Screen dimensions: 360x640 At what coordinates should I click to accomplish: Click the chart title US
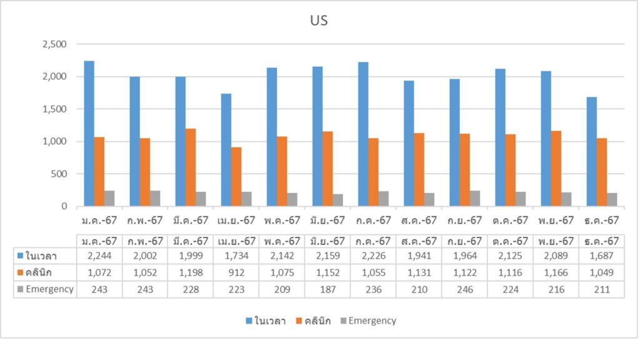click(319, 20)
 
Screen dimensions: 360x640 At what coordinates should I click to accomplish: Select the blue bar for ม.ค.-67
click(89, 134)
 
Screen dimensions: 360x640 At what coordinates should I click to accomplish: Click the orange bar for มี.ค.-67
click(191, 167)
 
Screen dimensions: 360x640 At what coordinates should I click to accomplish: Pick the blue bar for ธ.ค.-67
click(591, 152)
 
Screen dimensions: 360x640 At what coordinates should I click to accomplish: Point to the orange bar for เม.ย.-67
click(236, 177)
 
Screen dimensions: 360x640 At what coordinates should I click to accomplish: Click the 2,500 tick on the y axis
click(54, 44)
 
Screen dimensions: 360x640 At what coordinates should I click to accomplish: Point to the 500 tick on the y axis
click(60, 174)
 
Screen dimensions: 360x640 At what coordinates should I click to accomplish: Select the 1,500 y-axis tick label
click(54, 109)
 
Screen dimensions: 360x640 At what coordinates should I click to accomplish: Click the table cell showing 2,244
click(99, 256)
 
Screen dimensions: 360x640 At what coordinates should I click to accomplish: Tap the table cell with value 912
click(236, 272)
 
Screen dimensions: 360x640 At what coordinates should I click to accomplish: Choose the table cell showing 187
click(327, 289)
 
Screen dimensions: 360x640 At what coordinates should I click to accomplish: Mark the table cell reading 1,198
click(191, 272)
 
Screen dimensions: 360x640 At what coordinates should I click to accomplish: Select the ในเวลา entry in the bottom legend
click(266, 321)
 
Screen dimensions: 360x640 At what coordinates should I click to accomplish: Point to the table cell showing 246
click(464, 289)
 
